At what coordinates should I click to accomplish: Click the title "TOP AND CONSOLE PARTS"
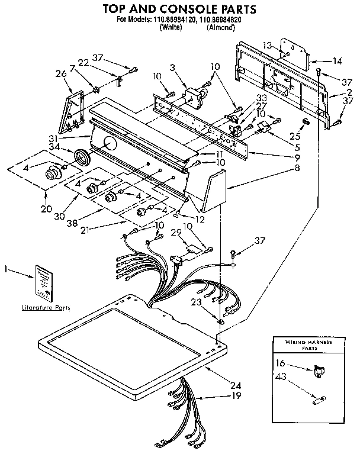[180, 9]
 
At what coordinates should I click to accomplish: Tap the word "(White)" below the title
[171, 27]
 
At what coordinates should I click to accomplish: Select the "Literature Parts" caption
[46, 308]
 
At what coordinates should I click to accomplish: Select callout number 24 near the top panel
[236, 385]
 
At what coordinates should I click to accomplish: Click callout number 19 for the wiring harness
[236, 395]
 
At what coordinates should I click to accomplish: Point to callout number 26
[59, 73]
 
